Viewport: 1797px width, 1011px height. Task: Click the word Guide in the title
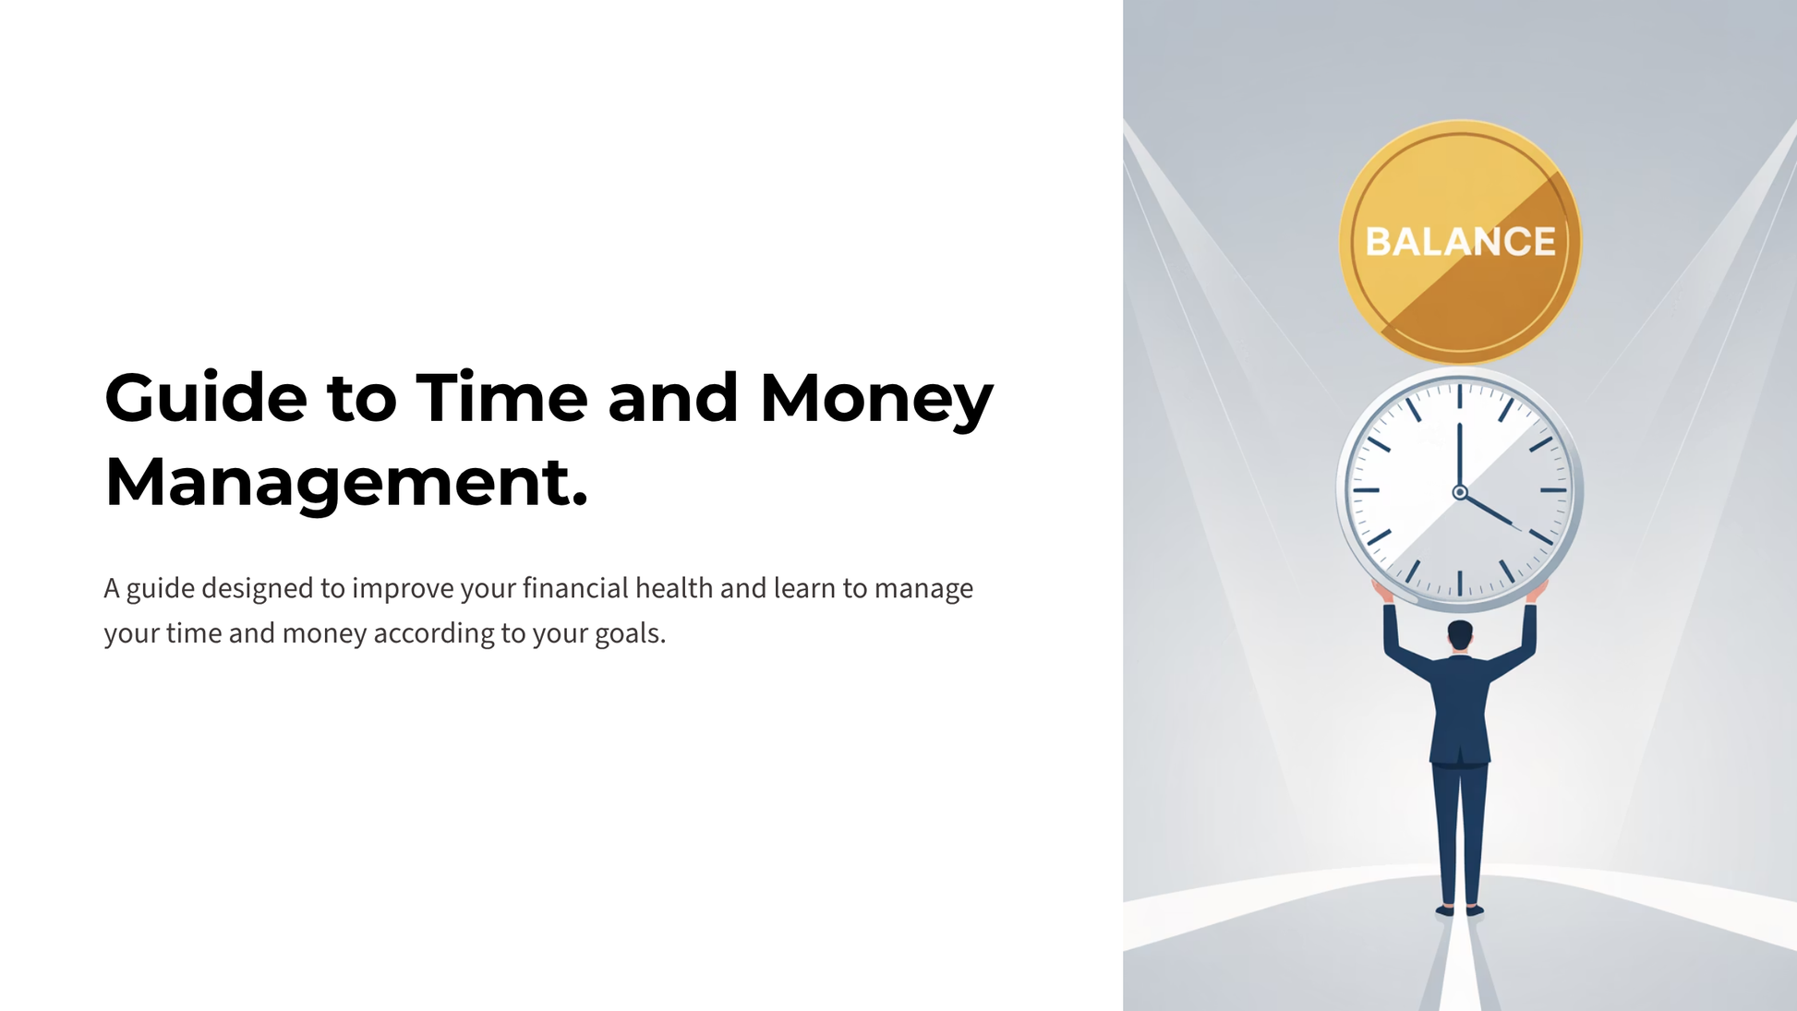[x=206, y=398]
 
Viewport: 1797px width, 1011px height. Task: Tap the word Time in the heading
[x=501, y=398]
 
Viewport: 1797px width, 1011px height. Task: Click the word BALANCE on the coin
[x=1461, y=242]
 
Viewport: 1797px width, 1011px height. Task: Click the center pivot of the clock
[x=1460, y=492]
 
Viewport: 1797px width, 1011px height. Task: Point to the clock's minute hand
[x=1460, y=457]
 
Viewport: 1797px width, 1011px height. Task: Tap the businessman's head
[x=1460, y=635]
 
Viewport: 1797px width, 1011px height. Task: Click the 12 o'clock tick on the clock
[x=1460, y=396]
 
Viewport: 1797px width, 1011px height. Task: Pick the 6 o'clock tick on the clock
[x=1460, y=584]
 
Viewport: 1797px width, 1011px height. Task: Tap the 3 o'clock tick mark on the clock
[x=1553, y=490]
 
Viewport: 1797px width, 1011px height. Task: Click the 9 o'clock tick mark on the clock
[x=1367, y=490]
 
